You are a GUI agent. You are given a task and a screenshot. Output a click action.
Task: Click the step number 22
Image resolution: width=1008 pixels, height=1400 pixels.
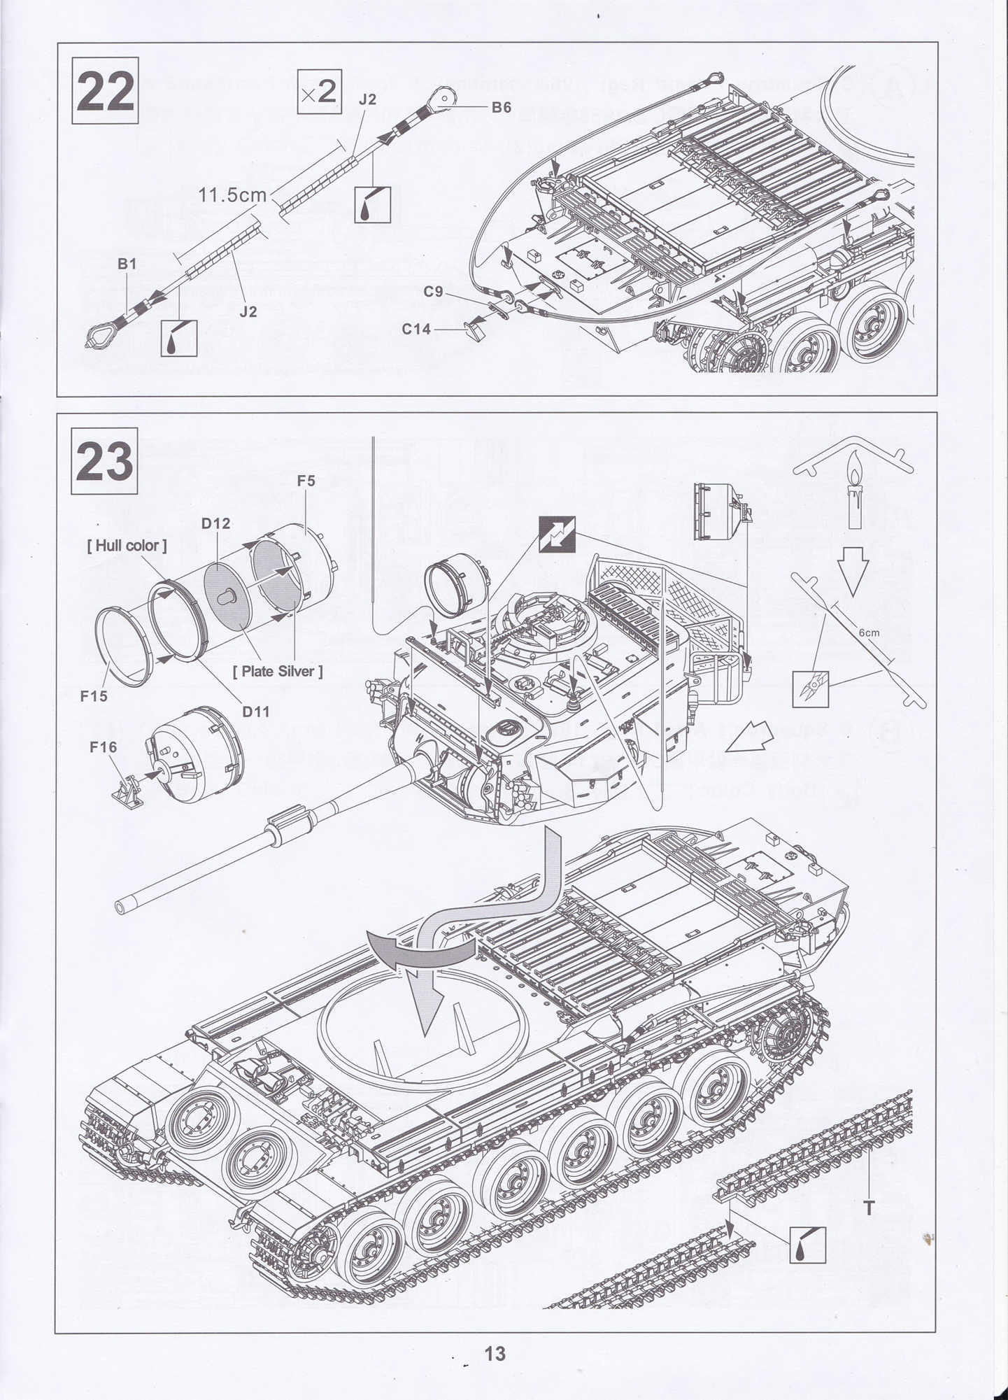(x=105, y=92)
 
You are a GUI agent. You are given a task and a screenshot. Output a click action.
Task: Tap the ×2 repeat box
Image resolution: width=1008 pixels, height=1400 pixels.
(x=319, y=92)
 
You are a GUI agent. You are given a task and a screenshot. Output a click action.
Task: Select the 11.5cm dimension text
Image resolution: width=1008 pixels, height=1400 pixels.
(x=233, y=195)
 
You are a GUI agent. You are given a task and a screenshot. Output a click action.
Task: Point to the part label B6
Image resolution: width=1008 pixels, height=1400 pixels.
(x=501, y=108)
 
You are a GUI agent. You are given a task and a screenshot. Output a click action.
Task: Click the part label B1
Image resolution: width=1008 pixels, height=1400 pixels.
(x=127, y=264)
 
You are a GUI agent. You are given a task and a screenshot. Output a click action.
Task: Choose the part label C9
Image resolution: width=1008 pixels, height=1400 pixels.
(x=434, y=292)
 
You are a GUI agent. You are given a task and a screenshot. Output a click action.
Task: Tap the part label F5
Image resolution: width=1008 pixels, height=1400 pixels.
(x=306, y=481)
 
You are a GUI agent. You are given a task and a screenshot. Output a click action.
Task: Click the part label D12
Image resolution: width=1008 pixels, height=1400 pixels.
(x=216, y=523)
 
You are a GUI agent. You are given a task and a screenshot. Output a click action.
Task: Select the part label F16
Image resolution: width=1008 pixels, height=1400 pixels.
(x=103, y=748)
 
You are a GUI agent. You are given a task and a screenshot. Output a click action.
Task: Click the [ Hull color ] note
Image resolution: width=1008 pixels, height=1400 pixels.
(x=127, y=546)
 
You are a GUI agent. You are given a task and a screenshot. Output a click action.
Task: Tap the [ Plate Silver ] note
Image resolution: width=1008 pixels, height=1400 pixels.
(x=278, y=672)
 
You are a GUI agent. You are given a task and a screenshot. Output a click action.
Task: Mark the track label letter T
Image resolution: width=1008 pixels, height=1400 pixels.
(x=869, y=1208)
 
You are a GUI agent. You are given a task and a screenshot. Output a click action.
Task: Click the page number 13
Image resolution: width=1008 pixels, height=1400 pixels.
(x=495, y=1354)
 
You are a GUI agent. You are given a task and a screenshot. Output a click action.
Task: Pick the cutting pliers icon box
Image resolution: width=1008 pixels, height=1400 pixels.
(x=810, y=688)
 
